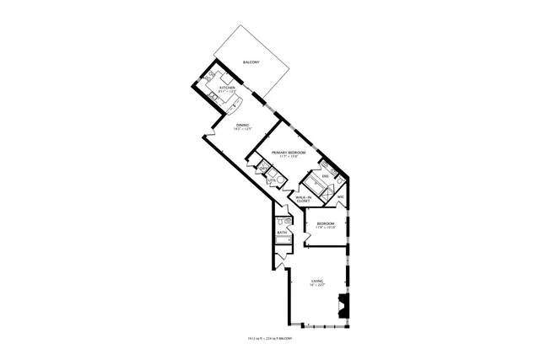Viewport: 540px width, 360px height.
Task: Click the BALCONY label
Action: (251, 63)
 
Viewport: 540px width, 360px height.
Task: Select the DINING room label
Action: (242, 126)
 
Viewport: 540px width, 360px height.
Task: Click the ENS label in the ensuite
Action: (325, 176)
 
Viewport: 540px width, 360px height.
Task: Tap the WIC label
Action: (340, 198)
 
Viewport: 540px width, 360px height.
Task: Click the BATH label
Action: (282, 233)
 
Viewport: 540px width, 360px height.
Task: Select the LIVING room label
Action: (317, 281)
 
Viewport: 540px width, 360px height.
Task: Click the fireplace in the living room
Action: (342, 307)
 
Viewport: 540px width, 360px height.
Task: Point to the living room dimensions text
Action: (317, 286)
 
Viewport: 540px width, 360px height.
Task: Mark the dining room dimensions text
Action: (242, 130)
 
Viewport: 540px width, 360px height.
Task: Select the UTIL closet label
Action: (272, 180)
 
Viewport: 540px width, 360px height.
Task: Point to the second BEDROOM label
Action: (325, 223)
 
